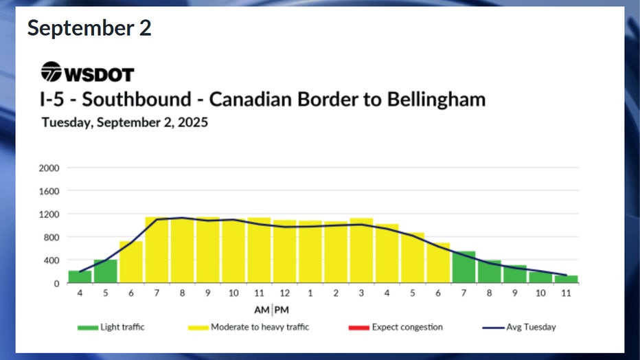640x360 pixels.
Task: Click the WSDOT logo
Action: coord(87,72)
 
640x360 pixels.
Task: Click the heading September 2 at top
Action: coord(89,28)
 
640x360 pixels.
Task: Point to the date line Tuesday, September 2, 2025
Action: coord(124,123)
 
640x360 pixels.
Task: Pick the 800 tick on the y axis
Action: coord(53,237)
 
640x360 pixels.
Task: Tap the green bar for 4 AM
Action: coord(80,277)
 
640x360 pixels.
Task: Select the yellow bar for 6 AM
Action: coord(131,262)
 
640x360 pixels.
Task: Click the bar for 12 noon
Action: coord(285,251)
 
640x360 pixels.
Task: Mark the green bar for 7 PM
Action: coord(464,267)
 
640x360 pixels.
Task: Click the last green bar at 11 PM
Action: coord(567,279)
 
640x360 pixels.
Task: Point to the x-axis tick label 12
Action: coord(284,293)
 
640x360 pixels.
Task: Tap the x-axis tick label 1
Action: coord(310,293)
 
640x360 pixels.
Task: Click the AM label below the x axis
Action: coord(263,310)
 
